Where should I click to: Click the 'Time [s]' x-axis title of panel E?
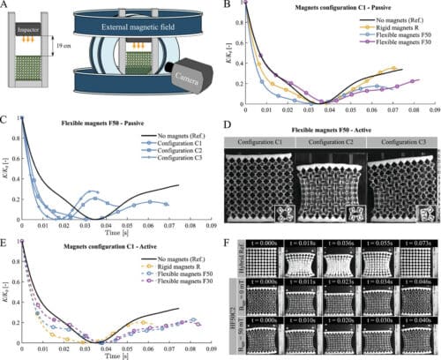coord(109,356)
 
